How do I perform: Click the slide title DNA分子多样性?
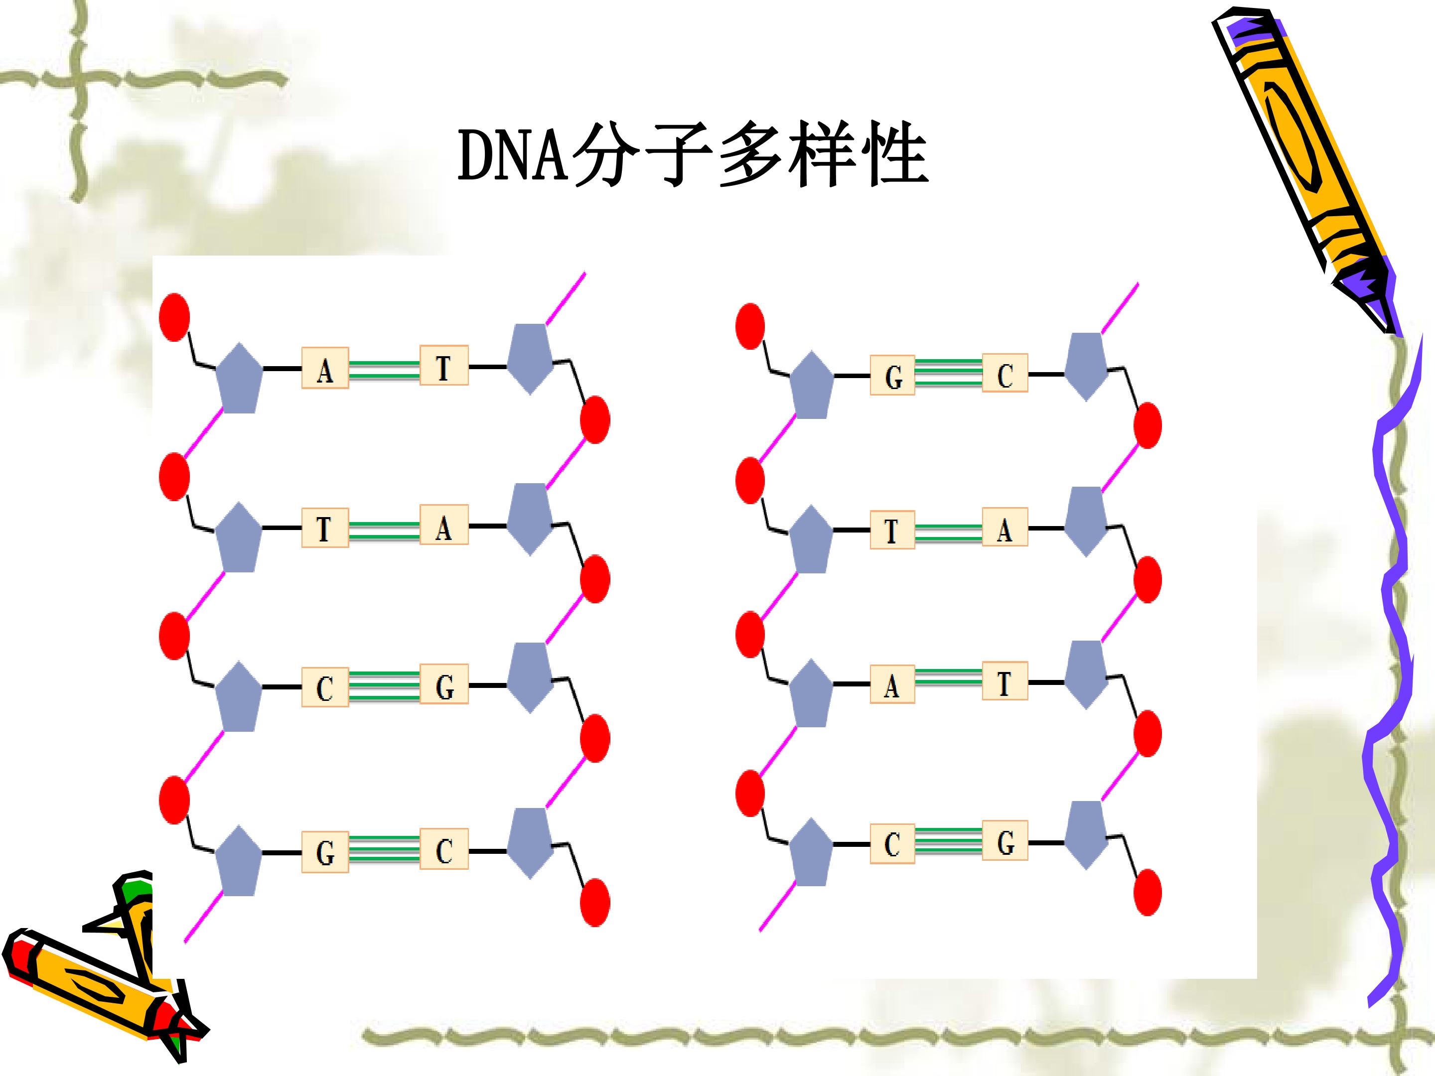(693, 155)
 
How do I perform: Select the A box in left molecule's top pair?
(325, 368)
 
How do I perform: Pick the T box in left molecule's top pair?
(444, 365)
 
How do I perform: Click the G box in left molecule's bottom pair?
(325, 852)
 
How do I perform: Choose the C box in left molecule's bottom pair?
(444, 848)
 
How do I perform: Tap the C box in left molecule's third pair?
(325, 687)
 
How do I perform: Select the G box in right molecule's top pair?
(893, 375)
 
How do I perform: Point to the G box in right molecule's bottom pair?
(1005, 840)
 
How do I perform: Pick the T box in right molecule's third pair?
(1005, 680)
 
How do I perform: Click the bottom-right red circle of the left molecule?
(595, 903)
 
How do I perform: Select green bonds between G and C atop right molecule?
(949, 373)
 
